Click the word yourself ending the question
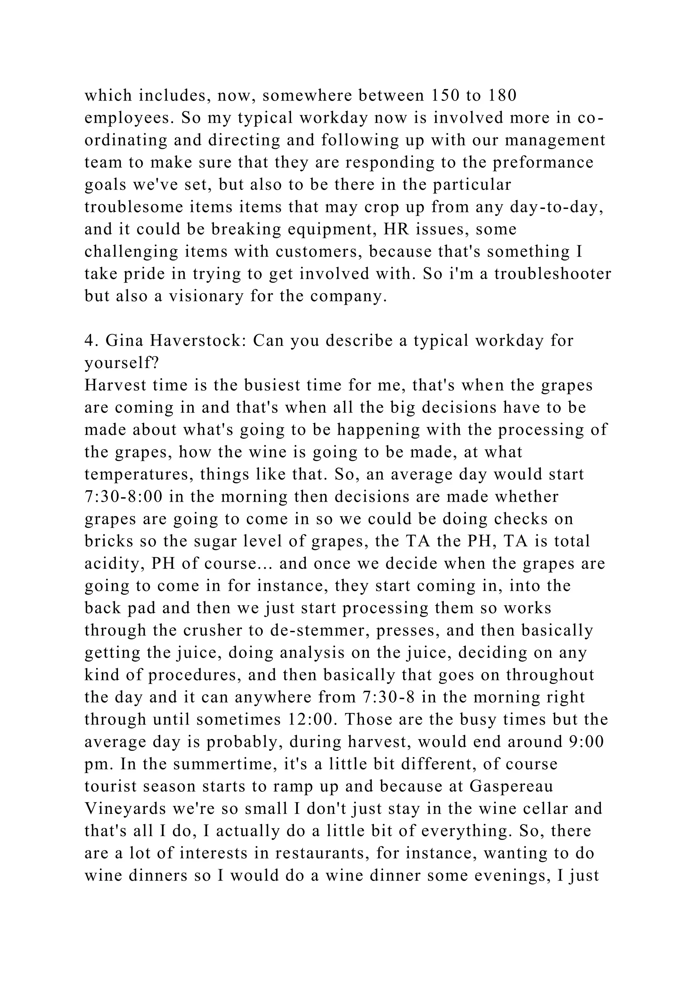pyautogui.click(x=122, y=363)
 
